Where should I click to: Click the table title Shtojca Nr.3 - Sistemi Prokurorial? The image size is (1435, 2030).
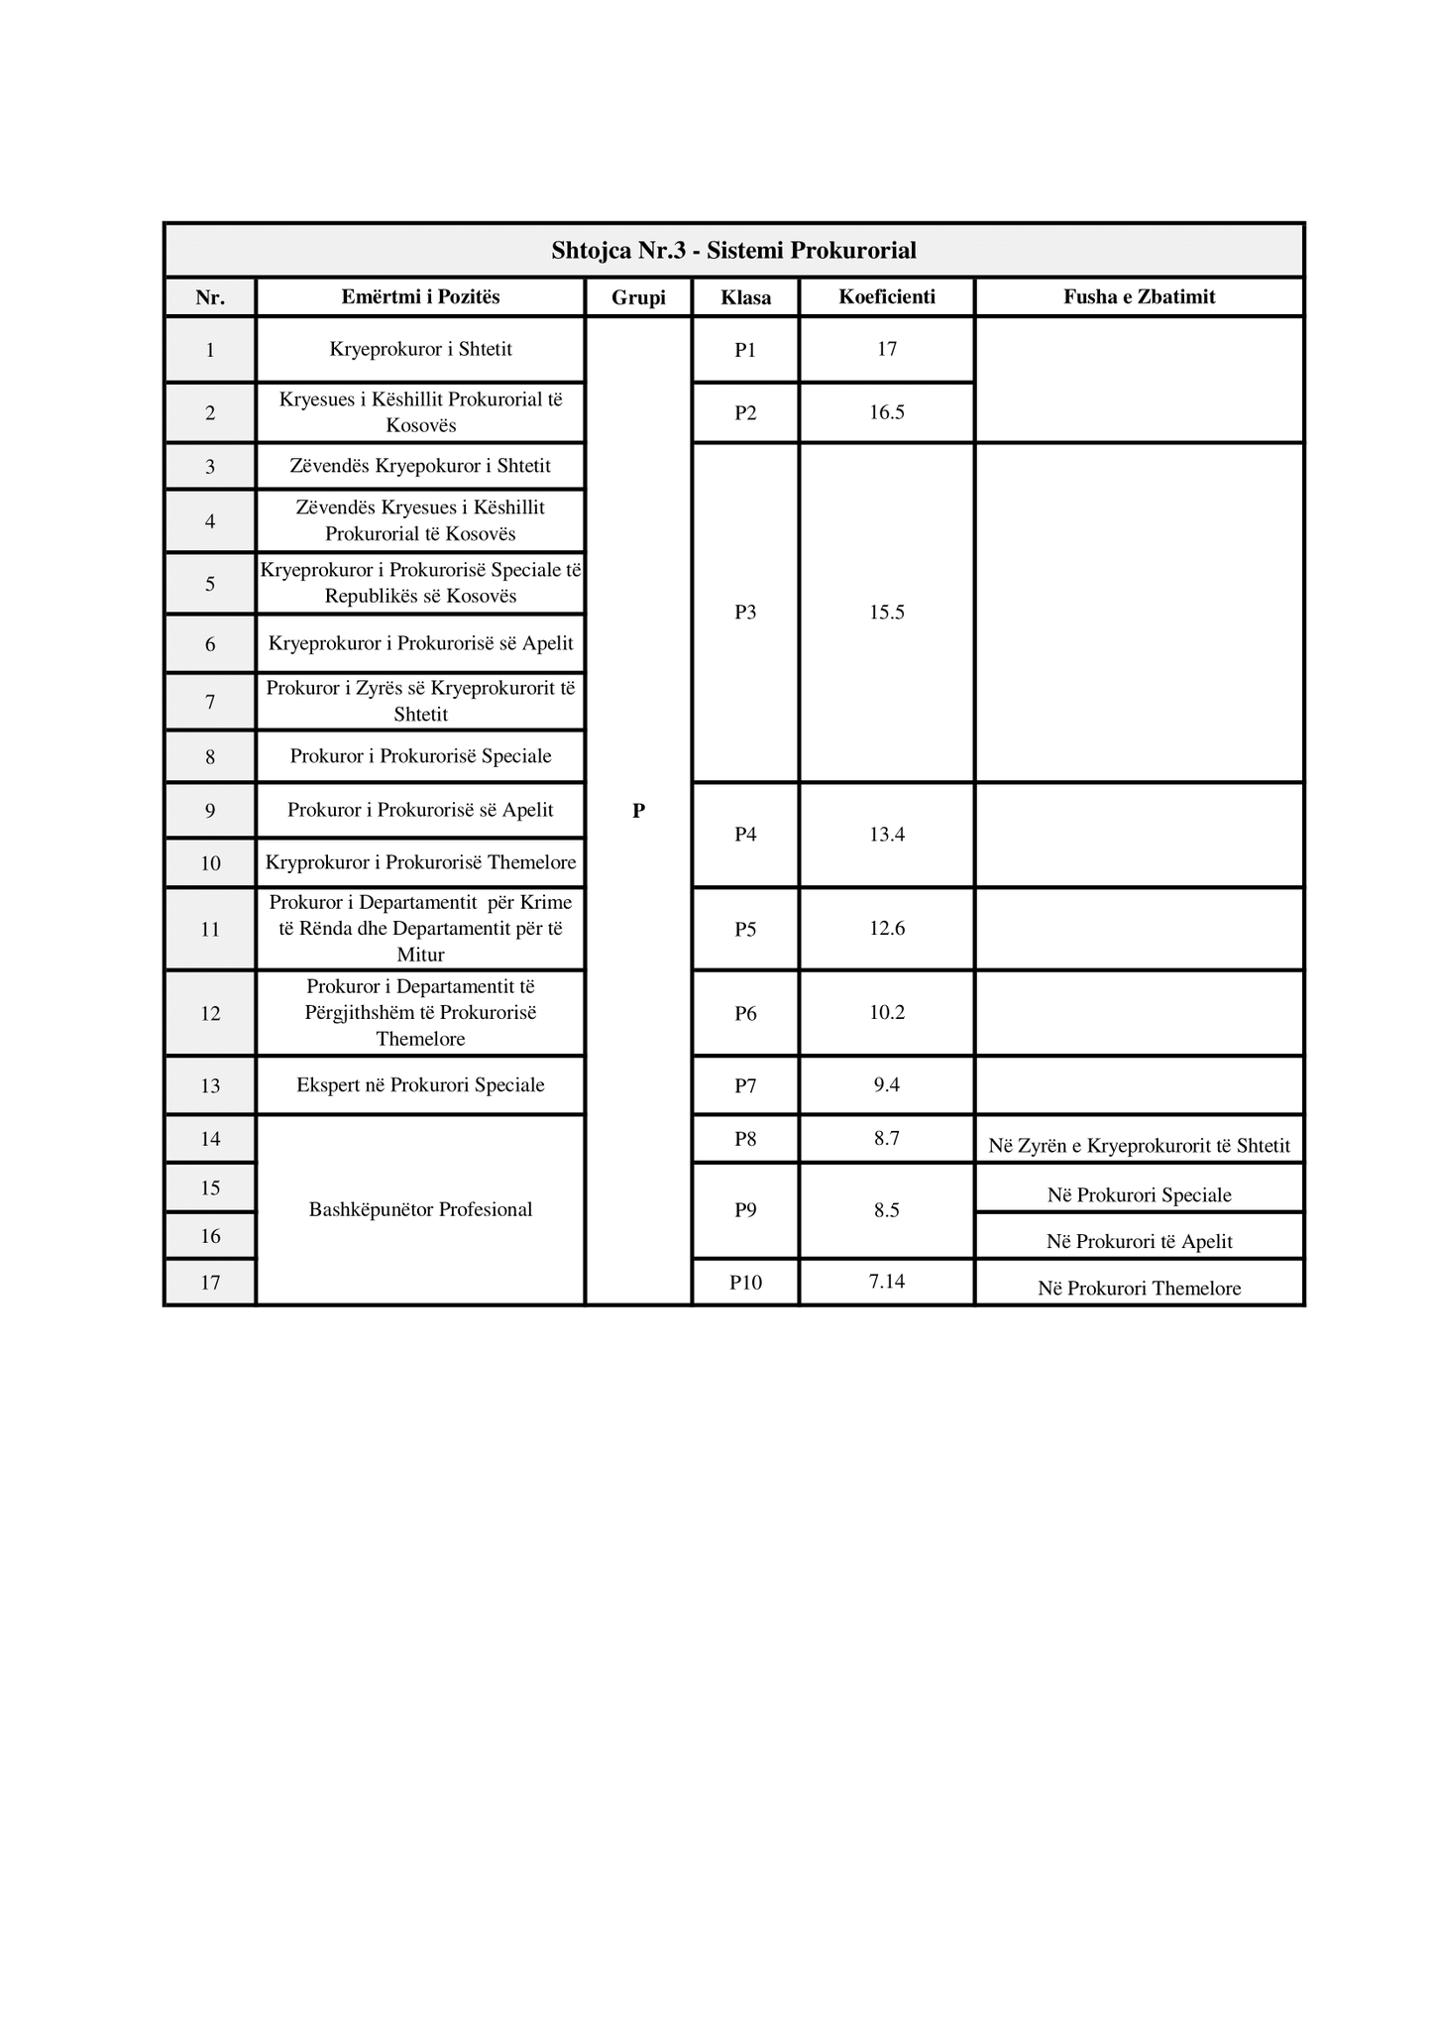(x=733, y=251)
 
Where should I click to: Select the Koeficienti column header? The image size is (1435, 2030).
(x=887, y=296)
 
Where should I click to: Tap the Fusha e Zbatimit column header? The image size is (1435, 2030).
(x=1139, y=296)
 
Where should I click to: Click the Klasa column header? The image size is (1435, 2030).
(x=745, y=297)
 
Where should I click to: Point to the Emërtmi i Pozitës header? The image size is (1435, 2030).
(x=420, y=296)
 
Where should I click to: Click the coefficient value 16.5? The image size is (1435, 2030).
(x=887, y=412)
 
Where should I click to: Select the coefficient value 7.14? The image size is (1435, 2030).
(x=887, y=1282)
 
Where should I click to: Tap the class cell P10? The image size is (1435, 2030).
(x=745, y=1283)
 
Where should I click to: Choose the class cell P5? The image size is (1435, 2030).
(x=745, y=929)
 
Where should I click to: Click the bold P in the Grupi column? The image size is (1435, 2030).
(x=638, y=811)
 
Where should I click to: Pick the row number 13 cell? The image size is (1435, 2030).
(x=210, y=1085)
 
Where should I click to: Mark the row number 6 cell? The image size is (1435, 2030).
(x=210, y=644)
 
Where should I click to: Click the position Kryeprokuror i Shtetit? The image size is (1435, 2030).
(x=420, y=349)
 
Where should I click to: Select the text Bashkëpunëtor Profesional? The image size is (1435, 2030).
(x=420, y=1209)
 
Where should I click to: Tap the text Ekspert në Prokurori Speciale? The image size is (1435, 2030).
(x=420, y=1085)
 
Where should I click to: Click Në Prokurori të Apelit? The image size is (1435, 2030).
(x=1139, y=1241)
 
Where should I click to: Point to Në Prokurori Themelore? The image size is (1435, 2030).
(x=1139, y=1289)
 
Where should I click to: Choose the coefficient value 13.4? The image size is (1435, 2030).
(x=887, y=835)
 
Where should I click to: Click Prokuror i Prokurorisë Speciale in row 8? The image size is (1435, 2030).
(x=420, y=756)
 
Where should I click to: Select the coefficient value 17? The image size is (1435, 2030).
(x=887, y=349)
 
